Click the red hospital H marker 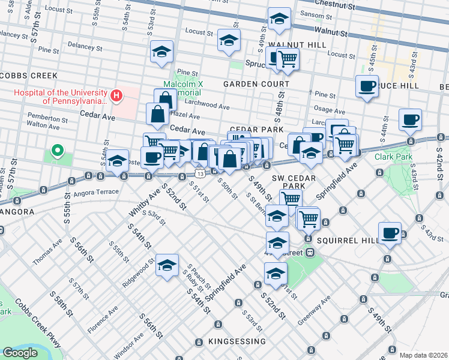click(116, 95)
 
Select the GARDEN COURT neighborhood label click(249, 85)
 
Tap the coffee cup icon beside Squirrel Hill click(389, 233)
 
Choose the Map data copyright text click(423, 355)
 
